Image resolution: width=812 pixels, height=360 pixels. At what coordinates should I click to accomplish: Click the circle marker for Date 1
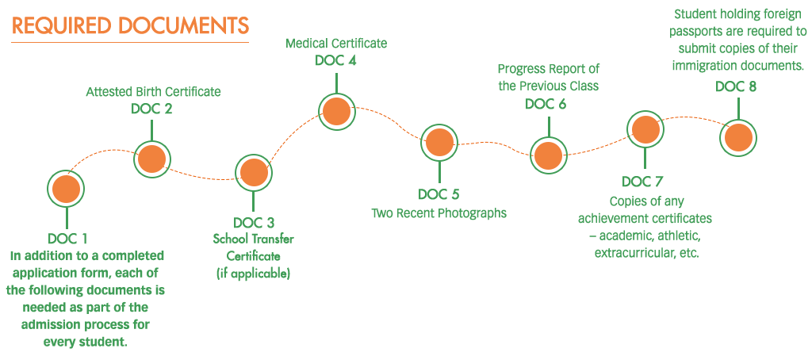(66, 189)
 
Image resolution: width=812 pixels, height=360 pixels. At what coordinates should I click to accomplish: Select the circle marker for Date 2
(151, 159)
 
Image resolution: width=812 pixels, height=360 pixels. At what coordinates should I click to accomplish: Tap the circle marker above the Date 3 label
(254, 173)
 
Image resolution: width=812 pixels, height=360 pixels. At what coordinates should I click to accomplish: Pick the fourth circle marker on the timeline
(336, 112)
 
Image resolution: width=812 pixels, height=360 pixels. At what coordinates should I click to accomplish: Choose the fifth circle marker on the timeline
(439, 143)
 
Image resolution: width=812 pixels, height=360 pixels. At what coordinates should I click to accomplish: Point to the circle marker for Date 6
(550, 155)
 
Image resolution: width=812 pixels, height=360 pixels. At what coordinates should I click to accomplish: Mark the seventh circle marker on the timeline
(645, 128)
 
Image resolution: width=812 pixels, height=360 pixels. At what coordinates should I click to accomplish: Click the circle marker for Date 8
(738, 137)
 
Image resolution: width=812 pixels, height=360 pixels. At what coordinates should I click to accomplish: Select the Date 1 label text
(67, 239)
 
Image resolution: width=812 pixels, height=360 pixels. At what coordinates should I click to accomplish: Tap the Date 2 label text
(151, 109)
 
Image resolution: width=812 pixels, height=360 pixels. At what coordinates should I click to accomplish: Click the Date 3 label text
(254, 223)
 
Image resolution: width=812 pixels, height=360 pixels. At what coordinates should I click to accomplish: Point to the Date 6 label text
(546, 104)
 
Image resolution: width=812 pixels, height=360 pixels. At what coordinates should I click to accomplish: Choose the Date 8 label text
(736, 86)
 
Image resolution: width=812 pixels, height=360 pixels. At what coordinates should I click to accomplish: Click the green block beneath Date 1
(89, 300)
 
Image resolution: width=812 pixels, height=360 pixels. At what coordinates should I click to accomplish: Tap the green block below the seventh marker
(646, 228)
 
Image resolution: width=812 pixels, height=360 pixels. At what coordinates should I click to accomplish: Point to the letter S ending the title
(243, 25)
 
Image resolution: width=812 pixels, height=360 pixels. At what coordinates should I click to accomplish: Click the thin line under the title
(130, 42)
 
